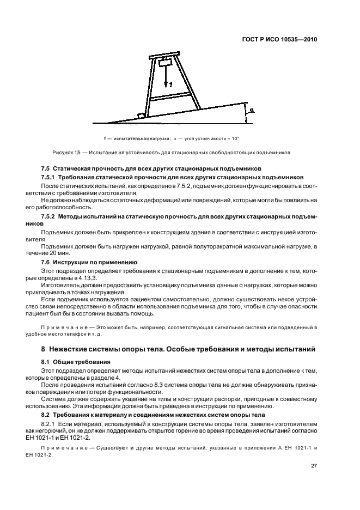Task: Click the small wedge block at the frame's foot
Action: [142, 116]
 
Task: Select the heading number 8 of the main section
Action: [44, 348]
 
